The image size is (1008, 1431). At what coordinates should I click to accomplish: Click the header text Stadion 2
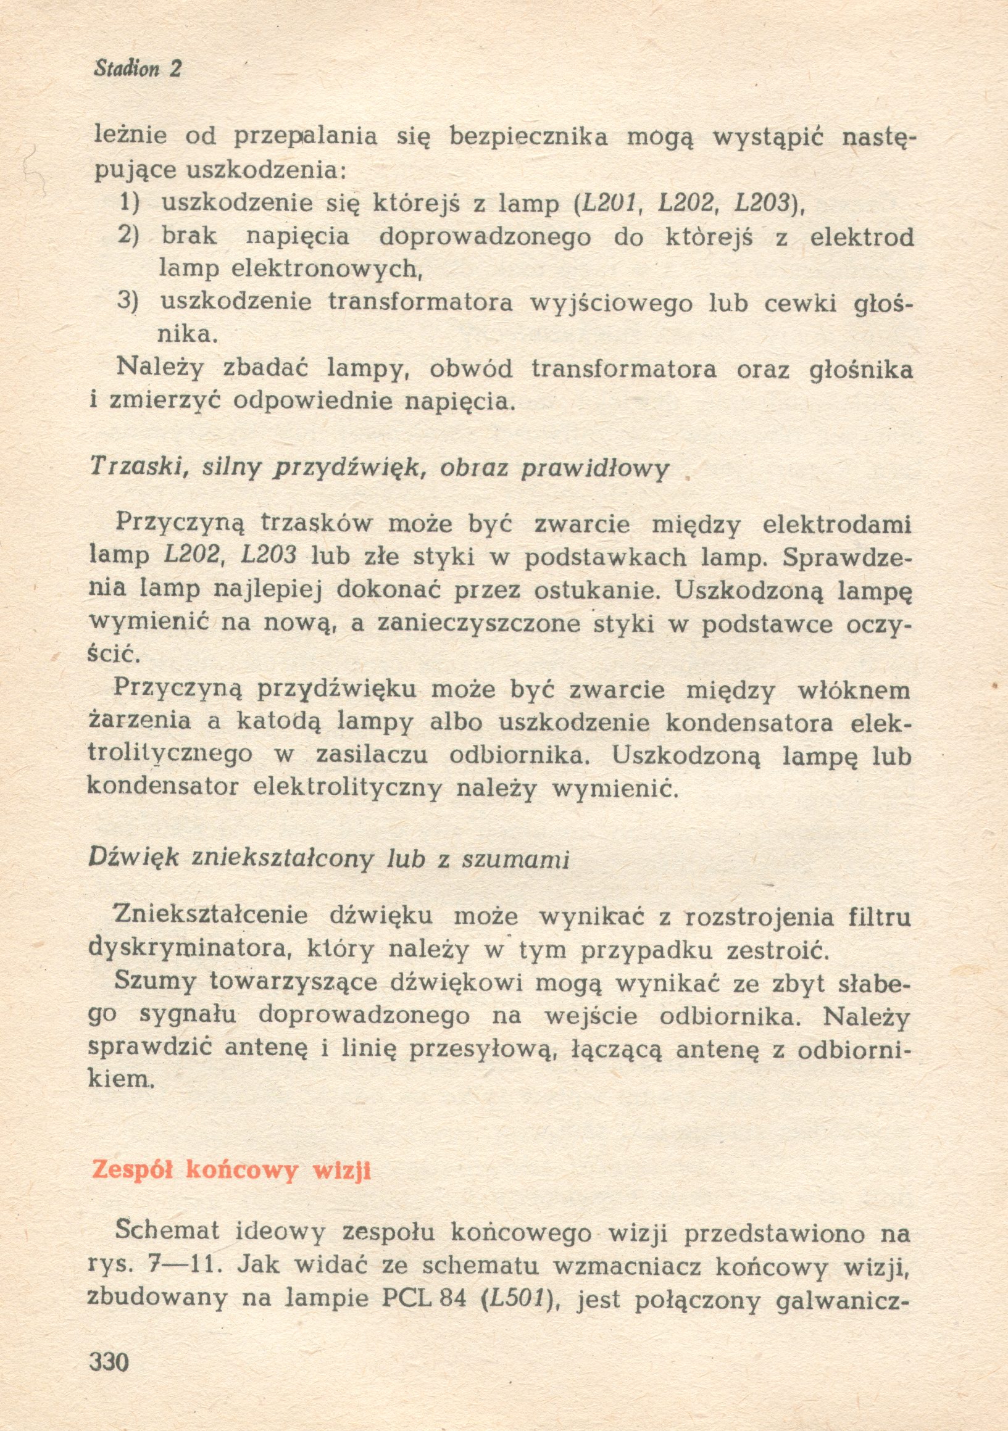pos(137,68)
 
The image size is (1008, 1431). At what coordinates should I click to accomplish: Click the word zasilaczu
pos(372,756)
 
